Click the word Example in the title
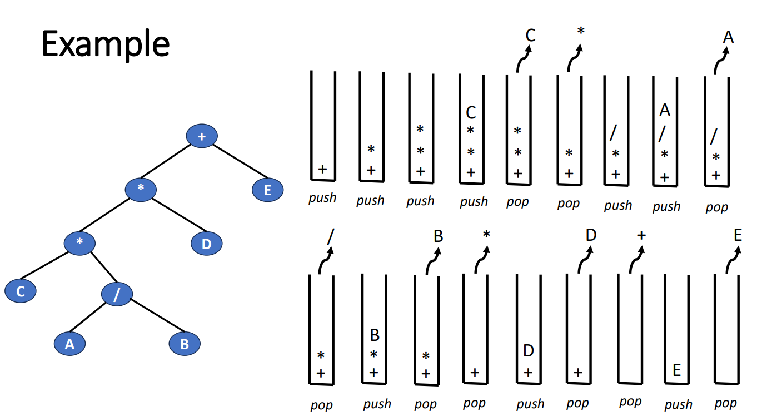[x=106, y=44]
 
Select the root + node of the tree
[x=201, y=136]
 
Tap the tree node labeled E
[x=267, y=190]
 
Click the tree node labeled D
[x=206, y=244]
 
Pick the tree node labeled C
[x=21, y=291]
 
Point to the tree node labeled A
[x=69, y=344]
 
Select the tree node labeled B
[x=184, y=344]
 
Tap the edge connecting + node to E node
[x=235, y=163]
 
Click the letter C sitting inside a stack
[x=471, y=113]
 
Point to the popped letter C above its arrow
[x=530, y=36]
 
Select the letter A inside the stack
[x=665, y=110]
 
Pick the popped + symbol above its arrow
[x=641, y=235]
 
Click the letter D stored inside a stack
[x=529, y=351]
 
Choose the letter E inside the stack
[x=676, y=370]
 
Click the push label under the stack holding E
[x=678, y=404]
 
